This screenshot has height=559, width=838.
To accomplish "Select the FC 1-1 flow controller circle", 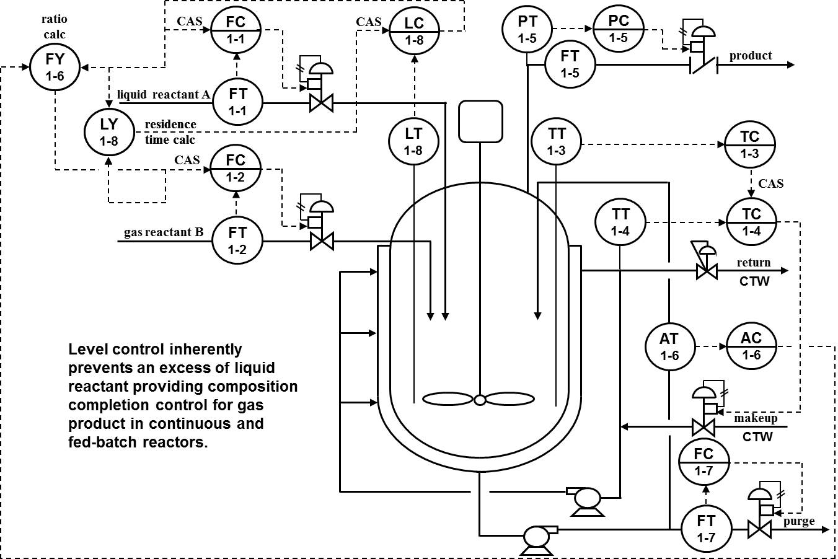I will (x=236, y=30).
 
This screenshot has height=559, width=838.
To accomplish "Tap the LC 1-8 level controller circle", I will (x=414, y=30).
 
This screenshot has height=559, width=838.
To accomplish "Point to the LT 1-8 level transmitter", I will (x=413, y=141).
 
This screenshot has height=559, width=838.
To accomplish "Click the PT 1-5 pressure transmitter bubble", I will (x=527, y=30).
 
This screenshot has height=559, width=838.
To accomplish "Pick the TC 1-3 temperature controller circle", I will (x=751, y=144).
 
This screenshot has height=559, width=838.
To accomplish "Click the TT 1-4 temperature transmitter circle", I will (x=620, y=222).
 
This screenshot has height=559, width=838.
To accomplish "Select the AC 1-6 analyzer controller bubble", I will (x=751, y=346).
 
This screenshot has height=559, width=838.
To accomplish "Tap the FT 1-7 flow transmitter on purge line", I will (x=706, y=528).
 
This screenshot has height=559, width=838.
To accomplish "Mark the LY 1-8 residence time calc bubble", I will (x=109, y=131).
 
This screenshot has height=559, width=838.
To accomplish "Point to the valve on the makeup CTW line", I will (x=703, y=426).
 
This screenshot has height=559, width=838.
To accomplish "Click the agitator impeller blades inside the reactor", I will (x=479, y=400).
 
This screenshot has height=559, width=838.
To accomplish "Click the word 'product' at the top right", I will (x=750, y=56).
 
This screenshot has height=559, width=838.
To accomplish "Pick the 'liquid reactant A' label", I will (x=163, y=94).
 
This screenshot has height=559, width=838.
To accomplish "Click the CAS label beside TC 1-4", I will (x=770, y=183).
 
